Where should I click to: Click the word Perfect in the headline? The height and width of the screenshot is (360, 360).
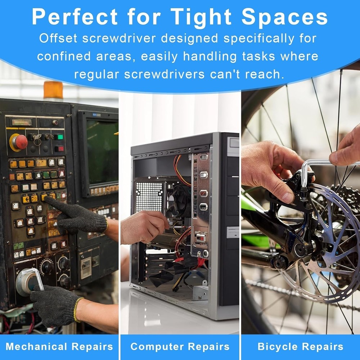(x=75, y=17)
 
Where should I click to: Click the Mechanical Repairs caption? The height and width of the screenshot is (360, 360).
(x=59, y=346)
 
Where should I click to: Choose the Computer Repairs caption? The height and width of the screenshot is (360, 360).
(x=180, y=347)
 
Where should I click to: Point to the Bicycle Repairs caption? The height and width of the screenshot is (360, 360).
(x=301, y=347)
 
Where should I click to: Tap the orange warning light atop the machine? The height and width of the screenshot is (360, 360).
(x=53, y=90)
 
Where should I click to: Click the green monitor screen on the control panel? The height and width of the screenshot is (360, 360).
(x=102, y=151)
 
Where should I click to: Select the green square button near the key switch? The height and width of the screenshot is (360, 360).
(x=60, y=137)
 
